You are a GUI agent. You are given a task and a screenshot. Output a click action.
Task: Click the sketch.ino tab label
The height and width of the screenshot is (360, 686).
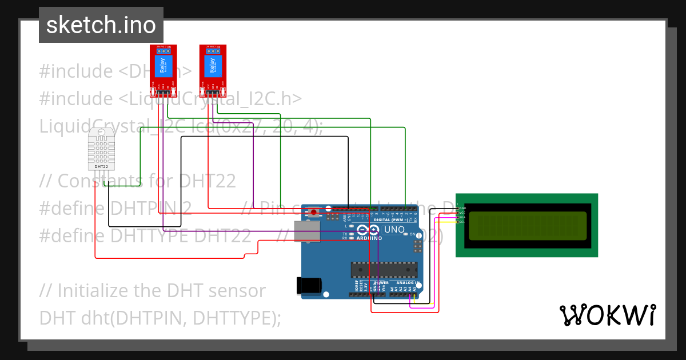click(x=101, y=25)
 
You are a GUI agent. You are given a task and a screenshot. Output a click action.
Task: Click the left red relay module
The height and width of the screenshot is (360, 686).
click(x=164, y=71)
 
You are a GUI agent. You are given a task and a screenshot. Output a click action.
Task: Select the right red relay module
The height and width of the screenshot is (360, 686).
click(x=213, y=71)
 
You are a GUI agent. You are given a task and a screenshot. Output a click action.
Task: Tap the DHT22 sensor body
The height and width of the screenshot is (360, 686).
click(x=101, y=149)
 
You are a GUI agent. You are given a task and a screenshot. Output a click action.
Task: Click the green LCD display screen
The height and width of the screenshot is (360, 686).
click(x=527, y=226)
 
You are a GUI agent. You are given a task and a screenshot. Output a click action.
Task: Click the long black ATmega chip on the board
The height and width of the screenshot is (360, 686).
click(x=382, y=269)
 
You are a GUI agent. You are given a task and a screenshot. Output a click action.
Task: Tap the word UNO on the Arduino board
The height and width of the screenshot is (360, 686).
click(x=393, y=230)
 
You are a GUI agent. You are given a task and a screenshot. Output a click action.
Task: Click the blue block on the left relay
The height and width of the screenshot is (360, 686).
click(x=164, y=66)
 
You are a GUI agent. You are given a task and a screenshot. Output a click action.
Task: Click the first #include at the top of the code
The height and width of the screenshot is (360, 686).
click(x=76, y=71)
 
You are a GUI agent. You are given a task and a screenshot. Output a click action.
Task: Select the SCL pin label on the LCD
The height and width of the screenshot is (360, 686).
click(x=462, y=222)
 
